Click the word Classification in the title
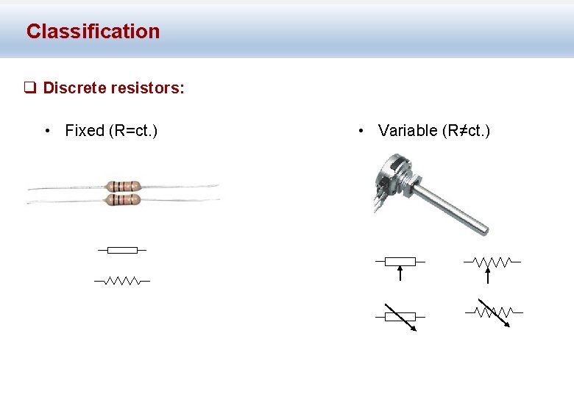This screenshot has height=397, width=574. pyautogui.click(x=93, y=32)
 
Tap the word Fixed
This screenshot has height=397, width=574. pyautogui.click(x=85, y=131)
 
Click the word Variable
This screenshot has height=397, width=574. pyautogui.click(x=407, y=131)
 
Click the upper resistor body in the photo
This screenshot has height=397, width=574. pyautogui.click(x=123, y=185)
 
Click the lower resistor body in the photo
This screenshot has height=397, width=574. pyautogui.click(x=123, y=199)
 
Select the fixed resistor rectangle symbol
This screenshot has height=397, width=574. pyautogui.click(x=122, y=250)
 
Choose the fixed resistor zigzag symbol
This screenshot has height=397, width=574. pyautogui.click(x=122, y=280)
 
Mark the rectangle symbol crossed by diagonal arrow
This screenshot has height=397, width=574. pyautogui.click(x=400, y=317)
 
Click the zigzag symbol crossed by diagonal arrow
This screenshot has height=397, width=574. pyautogui.click(x=494, y=312)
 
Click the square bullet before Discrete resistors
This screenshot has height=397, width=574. pyautogui.click(x=29, y=88)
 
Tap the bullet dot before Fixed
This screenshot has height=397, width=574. pyautogui.click(x=47, y=132)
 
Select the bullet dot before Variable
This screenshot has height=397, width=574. pyautogui.click(x=361, y=132)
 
